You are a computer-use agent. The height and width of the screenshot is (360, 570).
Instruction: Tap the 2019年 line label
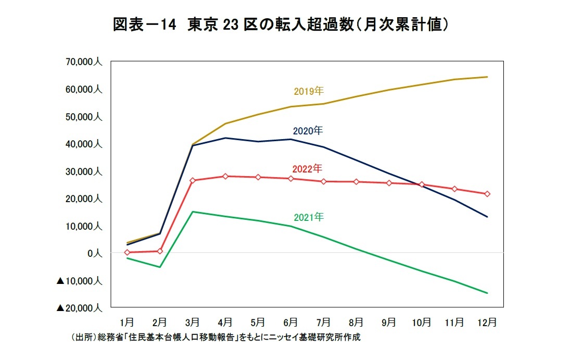coord(308,92)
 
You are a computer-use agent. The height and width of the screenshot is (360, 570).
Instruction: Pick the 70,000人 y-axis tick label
coord(83,62)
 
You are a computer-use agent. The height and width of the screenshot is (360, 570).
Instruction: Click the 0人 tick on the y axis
coord(95,253)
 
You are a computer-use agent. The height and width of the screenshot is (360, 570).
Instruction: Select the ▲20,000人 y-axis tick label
coord(79,308)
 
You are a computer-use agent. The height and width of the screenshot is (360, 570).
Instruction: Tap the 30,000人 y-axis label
coord(83,171)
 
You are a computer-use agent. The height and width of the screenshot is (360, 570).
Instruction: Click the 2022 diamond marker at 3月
coord(193,180)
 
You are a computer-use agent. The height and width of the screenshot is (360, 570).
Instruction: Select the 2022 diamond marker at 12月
coord(487,194)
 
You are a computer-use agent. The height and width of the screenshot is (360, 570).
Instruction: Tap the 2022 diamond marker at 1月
coord(128,252)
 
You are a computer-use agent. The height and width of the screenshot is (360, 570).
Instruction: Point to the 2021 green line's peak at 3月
coord(193,212)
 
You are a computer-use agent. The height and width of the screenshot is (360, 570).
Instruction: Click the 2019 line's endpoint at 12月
coord(487,77)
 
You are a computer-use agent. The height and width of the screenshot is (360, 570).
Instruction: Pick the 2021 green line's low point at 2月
coord(160,267)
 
